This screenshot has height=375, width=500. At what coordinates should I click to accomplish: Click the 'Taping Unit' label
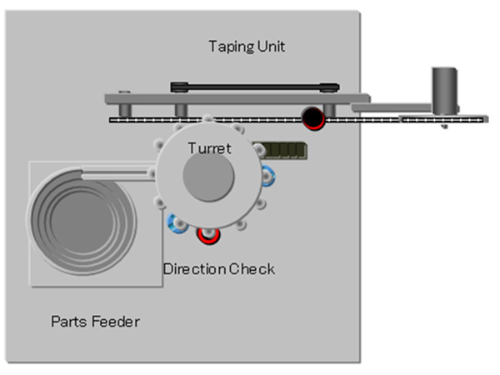click(x=247, y=47)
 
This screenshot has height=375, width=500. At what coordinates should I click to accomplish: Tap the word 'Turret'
click(x=208, y=148)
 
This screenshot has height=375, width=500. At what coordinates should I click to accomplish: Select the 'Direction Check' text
click(x=218, y=269)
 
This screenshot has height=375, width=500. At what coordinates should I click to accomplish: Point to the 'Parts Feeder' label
click(x=95, y=321)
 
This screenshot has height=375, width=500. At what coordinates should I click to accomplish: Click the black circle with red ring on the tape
click(x=313, y=118)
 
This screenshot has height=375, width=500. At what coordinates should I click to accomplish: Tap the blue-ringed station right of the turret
click(x=267, y=176)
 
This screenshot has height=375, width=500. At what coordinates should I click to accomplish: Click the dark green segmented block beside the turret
click(x=280, y=149)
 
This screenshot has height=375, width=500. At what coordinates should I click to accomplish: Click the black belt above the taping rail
click(x=254, y=86)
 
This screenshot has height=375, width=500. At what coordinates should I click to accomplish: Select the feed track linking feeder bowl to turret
click(x=117, y=172)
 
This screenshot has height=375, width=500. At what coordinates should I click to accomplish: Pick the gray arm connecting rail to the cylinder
click(x=392, y=106)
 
